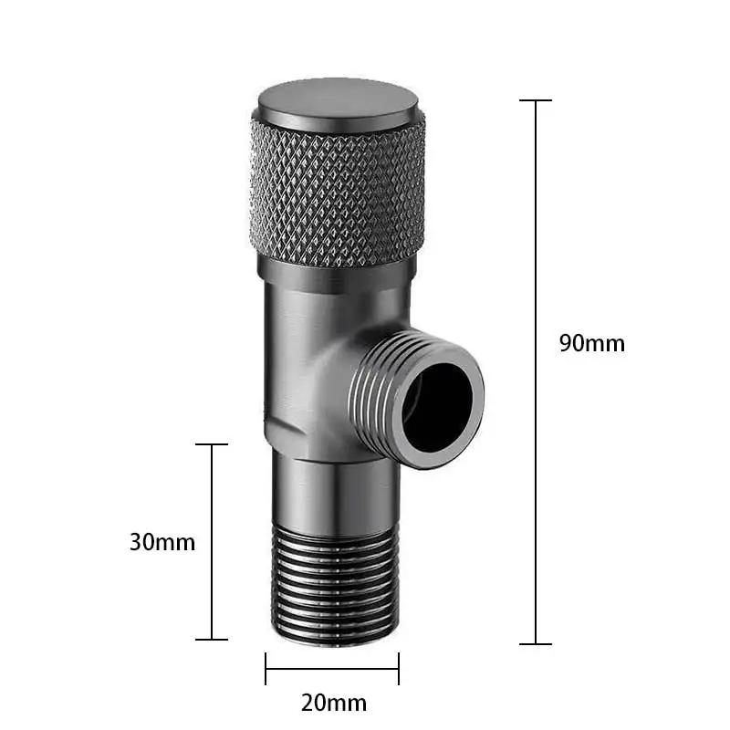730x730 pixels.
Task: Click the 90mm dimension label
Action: (591, 343)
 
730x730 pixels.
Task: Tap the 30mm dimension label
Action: (162, 541)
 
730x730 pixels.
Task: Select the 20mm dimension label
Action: (333, 703)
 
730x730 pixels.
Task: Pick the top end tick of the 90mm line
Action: (536, 100)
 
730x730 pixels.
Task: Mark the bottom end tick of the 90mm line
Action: (536, 643)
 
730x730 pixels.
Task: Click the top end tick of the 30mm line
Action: (212, 445)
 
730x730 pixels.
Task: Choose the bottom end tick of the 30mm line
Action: (212, 639)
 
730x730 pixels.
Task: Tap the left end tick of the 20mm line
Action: (266, 668)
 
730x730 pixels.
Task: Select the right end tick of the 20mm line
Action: (399, 668)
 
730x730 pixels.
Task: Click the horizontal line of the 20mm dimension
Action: (332, 668)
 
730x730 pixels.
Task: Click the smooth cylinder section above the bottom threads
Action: (332, 493)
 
